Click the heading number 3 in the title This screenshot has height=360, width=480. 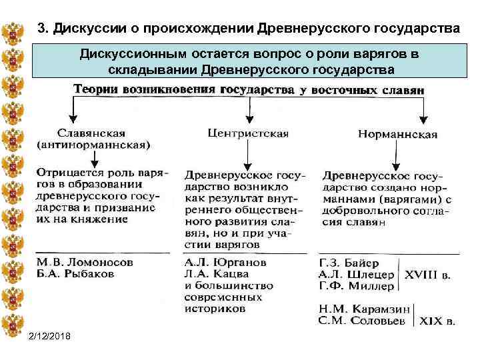tap(42, 29)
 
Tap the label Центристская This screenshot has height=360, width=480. tap(248, 133)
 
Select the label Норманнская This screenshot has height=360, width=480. tap(398, 135)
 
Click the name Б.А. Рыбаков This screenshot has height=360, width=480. tap(75, 274)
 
